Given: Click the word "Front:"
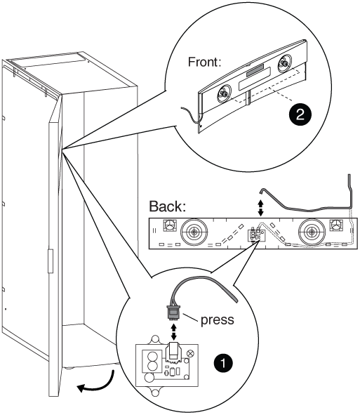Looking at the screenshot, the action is (x=204, y=62).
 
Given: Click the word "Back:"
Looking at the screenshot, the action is (x=168, y=206).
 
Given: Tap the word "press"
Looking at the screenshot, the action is (x=217, y=320).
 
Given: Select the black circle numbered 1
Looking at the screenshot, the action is (x=223, y=362).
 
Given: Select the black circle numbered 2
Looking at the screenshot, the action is (x=300, y=114).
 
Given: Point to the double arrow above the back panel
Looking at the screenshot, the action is (x=260, y=207).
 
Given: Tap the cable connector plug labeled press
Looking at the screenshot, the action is (x=173, y=313).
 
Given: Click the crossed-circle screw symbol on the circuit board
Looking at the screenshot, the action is (x=190, y=353).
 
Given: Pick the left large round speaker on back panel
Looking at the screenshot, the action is (x=194, y=232).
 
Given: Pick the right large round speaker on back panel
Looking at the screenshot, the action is (x=312, y=232).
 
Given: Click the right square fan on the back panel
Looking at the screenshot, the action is (x=336, y=225).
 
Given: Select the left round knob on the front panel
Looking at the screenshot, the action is (x=224, y=93).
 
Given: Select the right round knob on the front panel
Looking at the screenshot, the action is (x=284, y=63).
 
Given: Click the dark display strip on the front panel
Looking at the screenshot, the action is (x=255, y=70).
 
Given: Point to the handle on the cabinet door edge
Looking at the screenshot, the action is (x=51, y=261).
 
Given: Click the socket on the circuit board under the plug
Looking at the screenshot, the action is (x=173, y=352).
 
